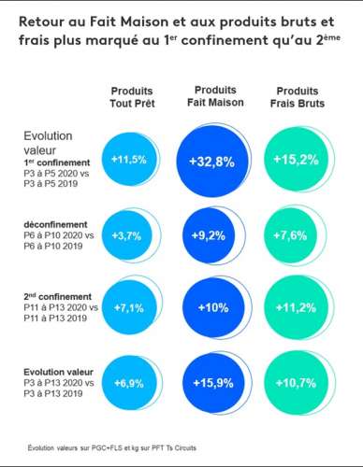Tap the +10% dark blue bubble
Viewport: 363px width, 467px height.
[213, 308]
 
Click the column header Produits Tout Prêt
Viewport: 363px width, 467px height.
[131, 96]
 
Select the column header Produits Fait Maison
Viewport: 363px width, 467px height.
[214, 96]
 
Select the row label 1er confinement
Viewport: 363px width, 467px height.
[57, 161]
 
